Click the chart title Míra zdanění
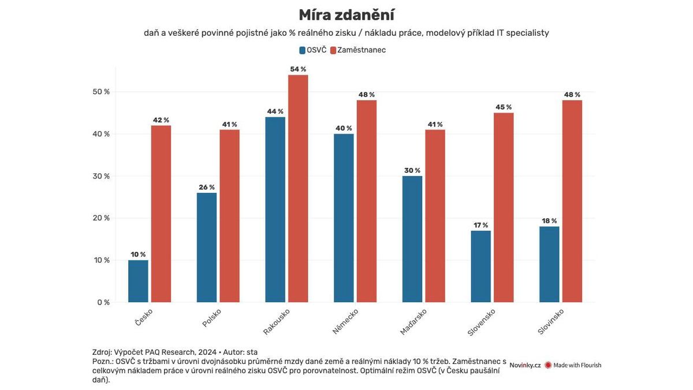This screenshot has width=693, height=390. click(346, 15)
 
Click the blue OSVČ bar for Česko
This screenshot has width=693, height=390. click(138, 281)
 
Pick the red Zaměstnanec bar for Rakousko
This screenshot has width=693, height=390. click(298, 188)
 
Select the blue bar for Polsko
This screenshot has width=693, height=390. click(207, 247)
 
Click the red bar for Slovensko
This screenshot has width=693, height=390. click(504, 207)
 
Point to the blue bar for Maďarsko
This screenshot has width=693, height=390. click(412, 239)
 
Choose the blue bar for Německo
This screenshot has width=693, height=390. click(344, 218)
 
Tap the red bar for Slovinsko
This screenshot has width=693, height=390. click(572, 201)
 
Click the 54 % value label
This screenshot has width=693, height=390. click(298, 69)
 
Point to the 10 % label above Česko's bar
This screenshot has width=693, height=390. click(138, 254)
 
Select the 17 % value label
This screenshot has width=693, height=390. click(480, 225)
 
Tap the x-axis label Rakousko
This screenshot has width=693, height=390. click(277, 321)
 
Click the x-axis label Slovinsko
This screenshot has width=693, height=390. click(550, 321)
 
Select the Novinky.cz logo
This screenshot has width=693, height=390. click(525, 365)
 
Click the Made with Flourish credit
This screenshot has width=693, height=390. click(573, 365)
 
